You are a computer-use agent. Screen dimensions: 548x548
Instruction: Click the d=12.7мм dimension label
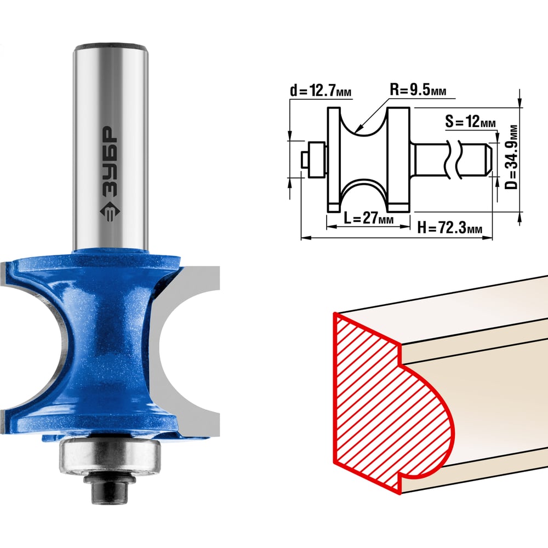(x=321, y=91)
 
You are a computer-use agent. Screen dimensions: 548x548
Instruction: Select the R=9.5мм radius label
(x=418, y=90)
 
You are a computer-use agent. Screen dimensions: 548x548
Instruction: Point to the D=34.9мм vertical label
(x=511, y=157)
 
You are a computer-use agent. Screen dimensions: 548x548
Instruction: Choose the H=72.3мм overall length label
(x=450, y=228)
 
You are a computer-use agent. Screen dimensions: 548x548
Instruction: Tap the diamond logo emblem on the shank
(x=110, y=212)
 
